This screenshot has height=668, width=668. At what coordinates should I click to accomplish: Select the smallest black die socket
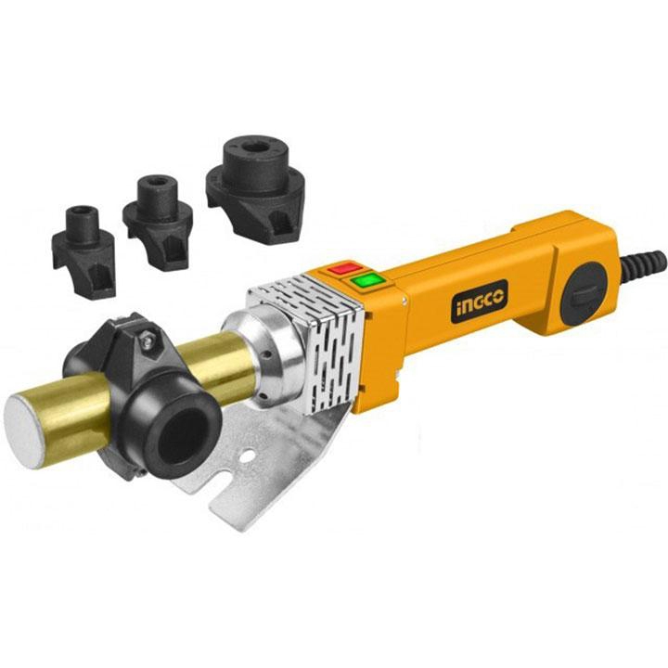[83, 251]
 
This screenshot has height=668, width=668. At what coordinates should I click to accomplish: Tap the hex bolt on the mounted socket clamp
[148, 340]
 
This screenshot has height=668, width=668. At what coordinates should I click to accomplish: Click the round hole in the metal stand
[247, 456]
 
